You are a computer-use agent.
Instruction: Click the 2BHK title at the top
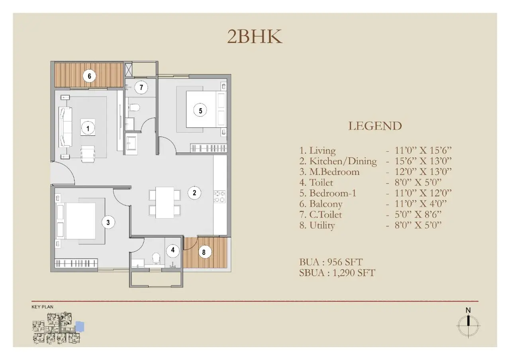255,36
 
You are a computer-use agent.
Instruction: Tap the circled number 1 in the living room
88,128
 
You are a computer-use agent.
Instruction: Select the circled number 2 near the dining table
194,193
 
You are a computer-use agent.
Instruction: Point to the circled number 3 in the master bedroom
108,222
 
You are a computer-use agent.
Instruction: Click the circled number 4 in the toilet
173,250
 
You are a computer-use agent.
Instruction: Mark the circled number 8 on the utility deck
204,252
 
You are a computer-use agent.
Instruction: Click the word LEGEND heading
375,126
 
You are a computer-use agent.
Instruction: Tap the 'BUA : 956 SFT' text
331,262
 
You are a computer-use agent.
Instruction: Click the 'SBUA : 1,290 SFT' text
337,273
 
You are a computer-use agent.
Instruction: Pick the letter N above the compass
468,310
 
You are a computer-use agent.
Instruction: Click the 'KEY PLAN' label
42,307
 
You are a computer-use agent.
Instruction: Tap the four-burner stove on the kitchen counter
220,196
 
